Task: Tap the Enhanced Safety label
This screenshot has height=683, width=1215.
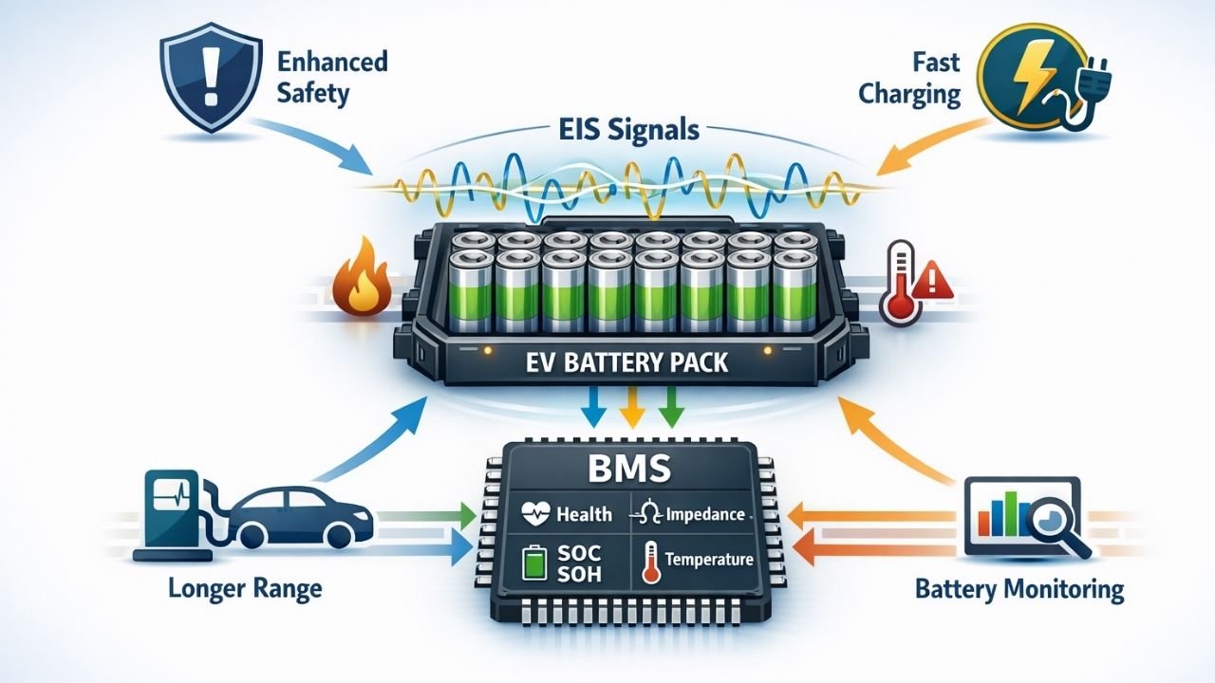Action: tap(332, 78)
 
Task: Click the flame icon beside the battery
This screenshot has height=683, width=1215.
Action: tap(364, 283)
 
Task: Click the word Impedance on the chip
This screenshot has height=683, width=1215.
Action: tap(704, 514)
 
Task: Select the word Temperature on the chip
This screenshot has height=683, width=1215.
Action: tap(708, 560)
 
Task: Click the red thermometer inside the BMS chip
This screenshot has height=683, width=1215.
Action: tap(651, 560)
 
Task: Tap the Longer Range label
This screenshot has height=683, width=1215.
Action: tap(245, 589)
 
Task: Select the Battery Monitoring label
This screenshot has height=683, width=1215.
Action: tap(1019, 589)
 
